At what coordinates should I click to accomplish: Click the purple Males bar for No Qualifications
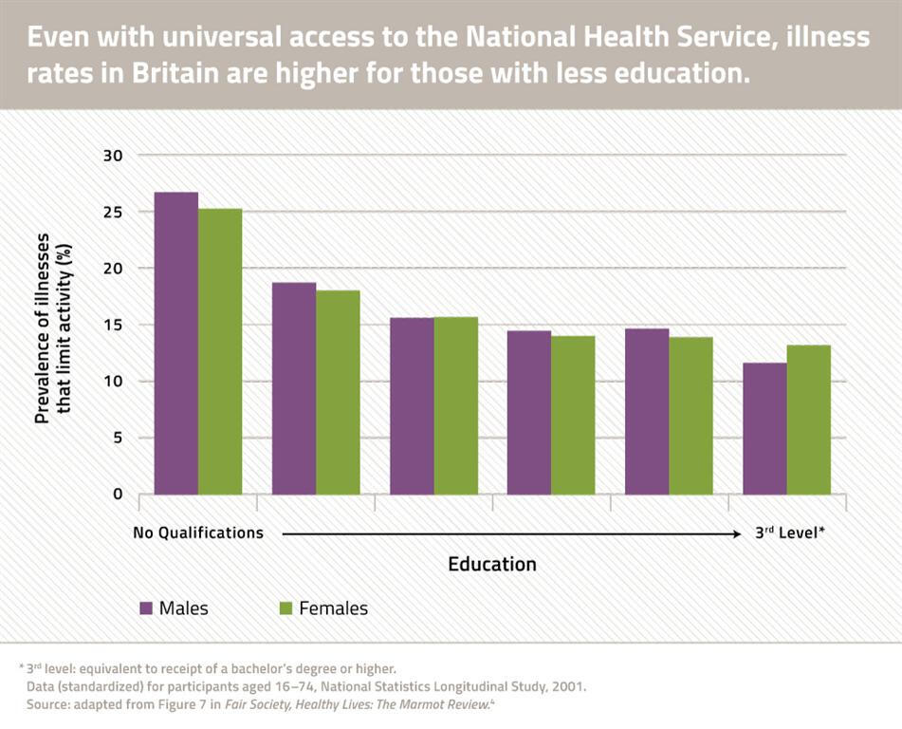point(176,343)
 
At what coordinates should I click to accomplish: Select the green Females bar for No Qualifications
point(220,351)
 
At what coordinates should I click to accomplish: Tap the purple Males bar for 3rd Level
point(764,428)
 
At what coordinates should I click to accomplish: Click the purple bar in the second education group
point(294,388)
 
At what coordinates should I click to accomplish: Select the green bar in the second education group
point(338,392)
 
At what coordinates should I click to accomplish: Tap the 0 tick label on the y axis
point(118,495)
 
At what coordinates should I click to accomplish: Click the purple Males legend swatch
point(146,608)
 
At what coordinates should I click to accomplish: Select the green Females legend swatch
point(286,608)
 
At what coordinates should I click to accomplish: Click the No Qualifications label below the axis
point(198,533)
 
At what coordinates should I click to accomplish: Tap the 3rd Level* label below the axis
point(789,533)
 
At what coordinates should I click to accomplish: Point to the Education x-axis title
point(492,565)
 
